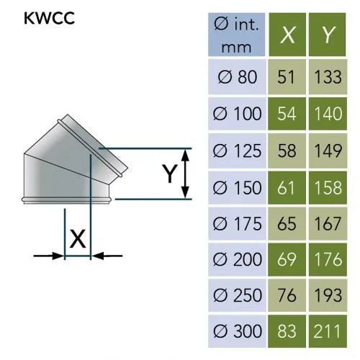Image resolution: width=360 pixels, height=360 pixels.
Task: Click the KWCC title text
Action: [x=49, y=18]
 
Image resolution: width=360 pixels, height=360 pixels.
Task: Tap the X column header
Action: [x=287, y=35]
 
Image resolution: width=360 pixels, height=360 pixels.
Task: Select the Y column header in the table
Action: [x=328, y=35]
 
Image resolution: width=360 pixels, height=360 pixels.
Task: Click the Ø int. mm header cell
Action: [x=237, y=35]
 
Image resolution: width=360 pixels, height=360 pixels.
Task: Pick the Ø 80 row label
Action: [x=238, y=77]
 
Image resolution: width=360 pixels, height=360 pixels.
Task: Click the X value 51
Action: [x=286, y=77]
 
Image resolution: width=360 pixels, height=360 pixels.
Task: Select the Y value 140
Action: [x=328, y=114]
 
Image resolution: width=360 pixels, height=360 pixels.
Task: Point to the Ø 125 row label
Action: [x=237, y=150]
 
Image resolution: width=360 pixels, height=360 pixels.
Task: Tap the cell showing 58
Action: [x=287, y=150]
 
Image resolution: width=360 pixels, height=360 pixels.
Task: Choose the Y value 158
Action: [x=328, y=187]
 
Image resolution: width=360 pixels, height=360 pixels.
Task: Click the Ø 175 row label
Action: [x=237, y=224]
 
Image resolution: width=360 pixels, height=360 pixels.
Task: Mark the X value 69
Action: [x=287, y=259]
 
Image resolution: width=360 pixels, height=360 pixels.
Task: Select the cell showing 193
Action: [x=328, y=295]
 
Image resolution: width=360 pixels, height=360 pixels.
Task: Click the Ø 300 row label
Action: [x=238, y=331]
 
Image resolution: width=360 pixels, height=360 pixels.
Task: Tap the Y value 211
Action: [x=327, y=331]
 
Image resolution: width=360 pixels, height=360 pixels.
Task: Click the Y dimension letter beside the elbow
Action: [x=170, y=174]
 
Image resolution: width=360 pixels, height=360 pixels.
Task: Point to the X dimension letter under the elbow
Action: [x=78, y=239]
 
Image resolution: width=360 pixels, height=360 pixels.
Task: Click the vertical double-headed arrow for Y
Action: [x=185, y=174]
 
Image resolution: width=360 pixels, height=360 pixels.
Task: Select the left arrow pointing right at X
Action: [x=49, y=256]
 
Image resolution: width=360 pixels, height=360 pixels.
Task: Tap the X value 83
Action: [x=286, y=331]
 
